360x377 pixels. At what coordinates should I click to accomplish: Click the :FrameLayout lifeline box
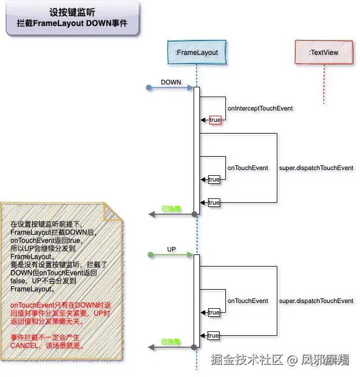point(196,53)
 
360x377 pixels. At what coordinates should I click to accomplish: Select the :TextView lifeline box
point(324,53)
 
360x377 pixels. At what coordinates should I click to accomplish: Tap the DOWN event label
point(171,82)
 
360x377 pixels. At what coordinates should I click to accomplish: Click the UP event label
point(171,249)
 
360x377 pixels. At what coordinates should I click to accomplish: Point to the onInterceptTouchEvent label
point(260,108)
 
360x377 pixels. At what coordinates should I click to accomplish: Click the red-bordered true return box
point(215,120)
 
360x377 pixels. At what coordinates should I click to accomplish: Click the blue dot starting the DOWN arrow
point(149,88)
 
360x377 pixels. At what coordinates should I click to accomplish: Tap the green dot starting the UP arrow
point(149,254)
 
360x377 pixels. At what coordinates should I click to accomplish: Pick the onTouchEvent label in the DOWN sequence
point(247,168)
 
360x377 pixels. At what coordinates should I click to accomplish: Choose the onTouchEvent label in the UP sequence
point(247,301)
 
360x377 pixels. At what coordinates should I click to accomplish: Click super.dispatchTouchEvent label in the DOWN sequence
point(316,168)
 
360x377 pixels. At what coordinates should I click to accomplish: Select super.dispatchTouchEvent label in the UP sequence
point(316,301)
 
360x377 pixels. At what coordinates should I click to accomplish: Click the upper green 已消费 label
point(170,209)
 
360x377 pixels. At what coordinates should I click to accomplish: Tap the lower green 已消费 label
point(170,342)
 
